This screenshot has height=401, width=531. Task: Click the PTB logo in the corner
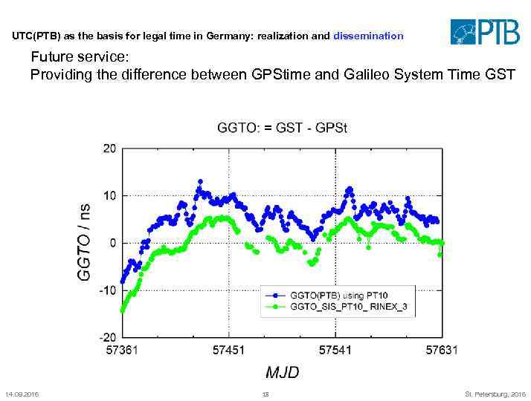point(484,32)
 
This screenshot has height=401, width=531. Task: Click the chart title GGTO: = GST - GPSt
point(282,128)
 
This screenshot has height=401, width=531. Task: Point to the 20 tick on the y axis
point(109,149)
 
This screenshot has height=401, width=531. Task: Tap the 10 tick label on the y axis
point(109,196)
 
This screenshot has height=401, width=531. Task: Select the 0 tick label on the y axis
point(112,243)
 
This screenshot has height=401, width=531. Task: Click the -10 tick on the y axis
point(108,290)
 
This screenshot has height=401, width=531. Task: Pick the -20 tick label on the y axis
point(108,338)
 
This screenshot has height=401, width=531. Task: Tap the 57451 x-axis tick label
point(228,350)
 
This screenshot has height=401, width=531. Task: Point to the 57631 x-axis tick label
point(441,350)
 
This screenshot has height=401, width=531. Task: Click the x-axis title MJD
point(282,372)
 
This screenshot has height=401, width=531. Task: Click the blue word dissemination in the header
point(368,36)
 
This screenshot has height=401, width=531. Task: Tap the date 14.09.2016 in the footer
point(22,394)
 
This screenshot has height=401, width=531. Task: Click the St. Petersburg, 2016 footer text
point(495,394)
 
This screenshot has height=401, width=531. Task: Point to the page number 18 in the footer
point(265,394)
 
